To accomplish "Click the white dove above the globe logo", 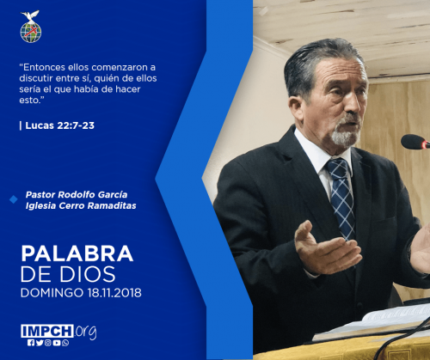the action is tap(30, 15).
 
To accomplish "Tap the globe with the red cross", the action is tap(31, 33).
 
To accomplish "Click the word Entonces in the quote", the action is tap(43, 67).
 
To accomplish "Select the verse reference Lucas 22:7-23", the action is tap(60, 125).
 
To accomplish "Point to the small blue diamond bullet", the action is tap(14, 199).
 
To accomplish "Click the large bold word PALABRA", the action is tap(77, 253).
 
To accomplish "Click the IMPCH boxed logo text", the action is tap(47, 331).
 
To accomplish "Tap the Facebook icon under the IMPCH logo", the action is tap(31, 343).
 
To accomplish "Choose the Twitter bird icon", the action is tap(40, 343).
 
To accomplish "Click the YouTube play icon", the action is tap(57, 343).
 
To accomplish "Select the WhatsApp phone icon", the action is tap(65, 343).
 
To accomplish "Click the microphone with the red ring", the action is tap(415, 142).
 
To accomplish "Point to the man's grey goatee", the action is tap(346, 135).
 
